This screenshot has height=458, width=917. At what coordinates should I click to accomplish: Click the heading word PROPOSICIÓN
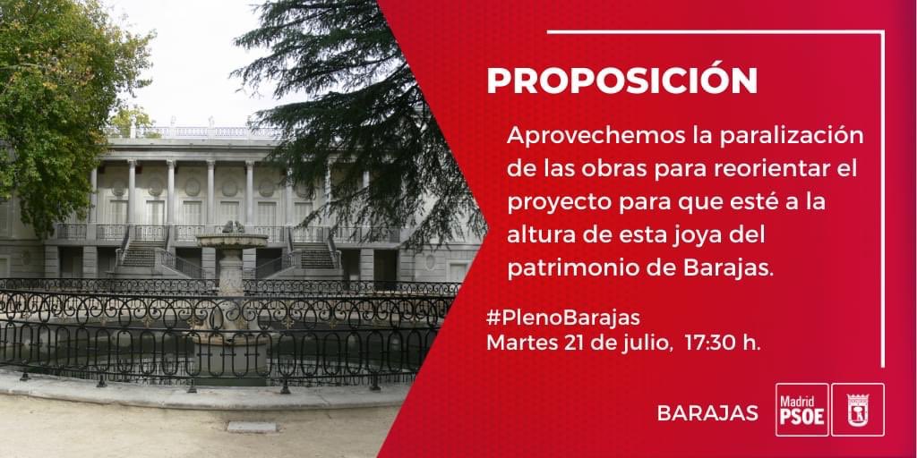point(621,81)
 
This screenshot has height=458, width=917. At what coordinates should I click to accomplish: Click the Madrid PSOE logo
point(801,409)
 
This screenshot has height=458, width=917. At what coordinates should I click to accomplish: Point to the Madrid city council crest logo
point(857,409)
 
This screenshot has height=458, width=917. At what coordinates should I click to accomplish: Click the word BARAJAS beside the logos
point(707,413)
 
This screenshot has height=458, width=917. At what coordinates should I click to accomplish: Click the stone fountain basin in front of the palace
point(232,240)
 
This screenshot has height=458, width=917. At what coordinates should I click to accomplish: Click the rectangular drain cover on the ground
point(252,427)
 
